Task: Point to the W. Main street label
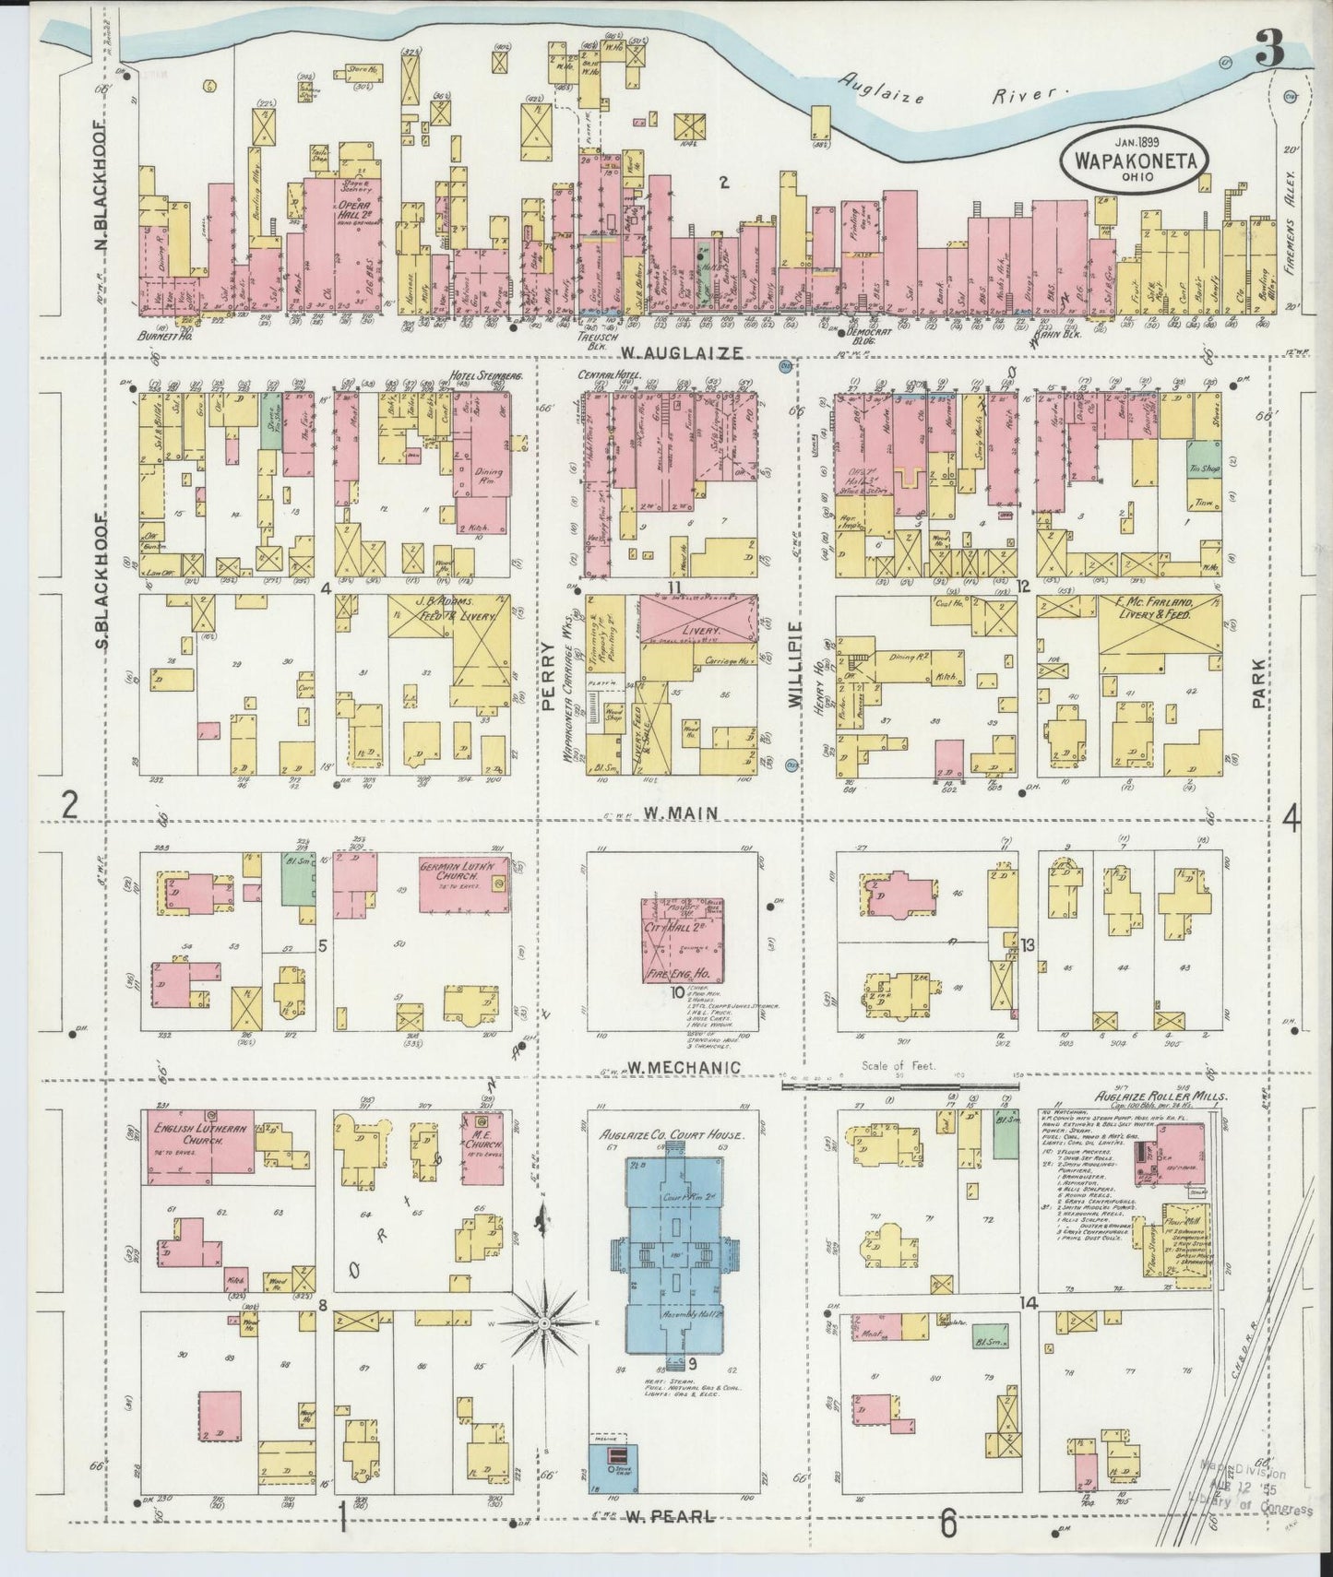[671, 812]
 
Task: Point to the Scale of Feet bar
[896, 1085]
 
